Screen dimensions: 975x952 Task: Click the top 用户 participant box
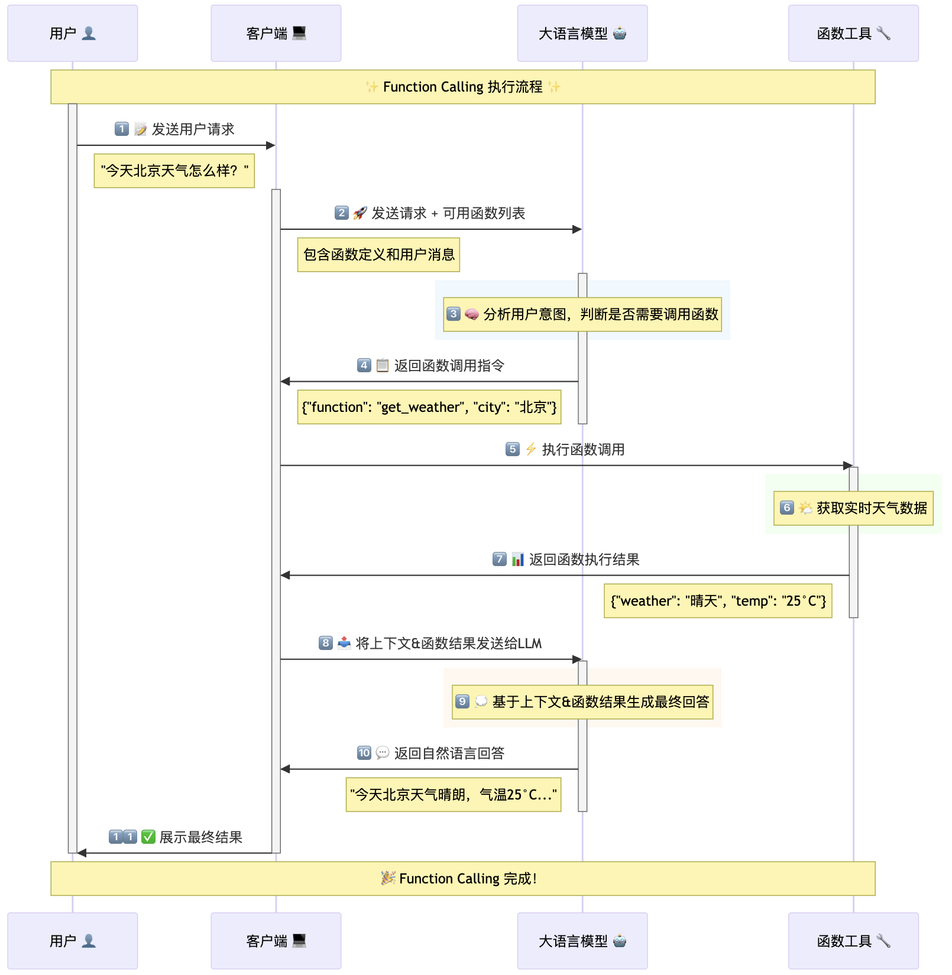coord(72,33)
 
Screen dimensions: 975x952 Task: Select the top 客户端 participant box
coord(276,33)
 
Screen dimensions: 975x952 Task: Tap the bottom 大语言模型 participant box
coord(582,941)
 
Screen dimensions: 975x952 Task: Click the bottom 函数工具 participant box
coord(853,941)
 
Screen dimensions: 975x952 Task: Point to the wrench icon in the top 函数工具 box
coord(883,33)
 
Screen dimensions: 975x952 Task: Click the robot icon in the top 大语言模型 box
coord(620,33)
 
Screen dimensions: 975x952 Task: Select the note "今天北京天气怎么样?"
coord(174,171)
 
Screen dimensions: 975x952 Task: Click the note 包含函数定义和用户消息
coord(378,255)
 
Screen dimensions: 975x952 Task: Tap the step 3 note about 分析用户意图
coord(582,314)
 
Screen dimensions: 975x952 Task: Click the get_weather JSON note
coord(429,407)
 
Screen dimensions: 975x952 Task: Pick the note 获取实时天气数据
coord(853,508)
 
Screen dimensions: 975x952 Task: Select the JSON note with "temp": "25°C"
coord(717,601)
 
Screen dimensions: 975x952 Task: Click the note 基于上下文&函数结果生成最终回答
coord(582,702)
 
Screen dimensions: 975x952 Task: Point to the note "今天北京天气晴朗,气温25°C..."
coord(453,795)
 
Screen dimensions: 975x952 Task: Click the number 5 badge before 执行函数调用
coord(513,449)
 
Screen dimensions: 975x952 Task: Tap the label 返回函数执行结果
coord(584,560)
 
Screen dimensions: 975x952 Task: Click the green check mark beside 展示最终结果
coord(148,837)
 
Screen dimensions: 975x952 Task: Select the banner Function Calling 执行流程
coord(462,87)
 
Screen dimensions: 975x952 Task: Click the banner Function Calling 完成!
coord(462,879)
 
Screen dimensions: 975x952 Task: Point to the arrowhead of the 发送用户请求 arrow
coord(271,145)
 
